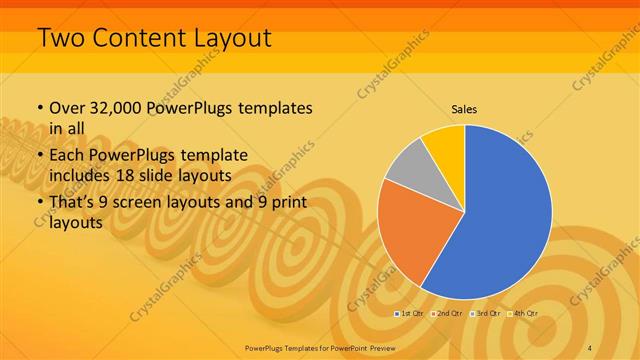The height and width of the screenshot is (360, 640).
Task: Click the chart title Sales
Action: tap(463, 108)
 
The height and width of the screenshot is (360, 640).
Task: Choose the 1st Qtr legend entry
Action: tap(411, 314)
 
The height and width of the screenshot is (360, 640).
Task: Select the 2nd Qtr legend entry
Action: tap(446, 314)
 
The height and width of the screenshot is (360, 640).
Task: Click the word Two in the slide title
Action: tap(61, 39)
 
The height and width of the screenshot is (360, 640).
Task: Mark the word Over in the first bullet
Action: tap(67, 107)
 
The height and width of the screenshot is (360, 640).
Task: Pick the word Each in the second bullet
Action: tap(67, 155)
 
